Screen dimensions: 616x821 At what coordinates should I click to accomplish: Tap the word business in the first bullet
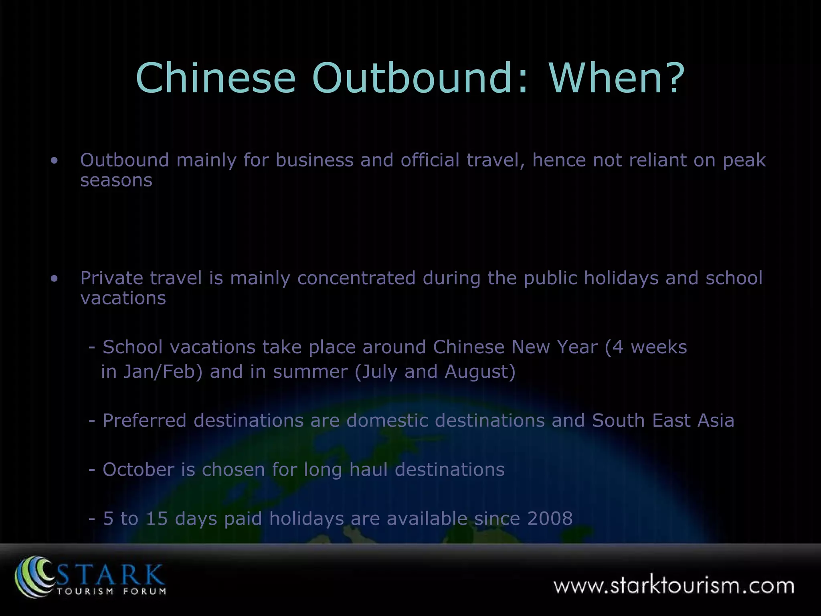pos(314,160)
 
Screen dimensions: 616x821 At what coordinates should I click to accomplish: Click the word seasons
pos(116,180)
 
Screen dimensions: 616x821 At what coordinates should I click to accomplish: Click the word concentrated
pos(356,278)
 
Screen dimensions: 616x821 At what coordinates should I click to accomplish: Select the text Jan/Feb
pos(162,372)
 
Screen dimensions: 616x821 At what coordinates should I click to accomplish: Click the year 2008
pos(550,519)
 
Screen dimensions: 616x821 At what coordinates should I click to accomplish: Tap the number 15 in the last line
pos(156,519)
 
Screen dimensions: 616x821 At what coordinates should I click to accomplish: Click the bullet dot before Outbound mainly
pos(55,161)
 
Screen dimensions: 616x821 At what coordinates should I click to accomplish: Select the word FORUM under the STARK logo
pos(145,591)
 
